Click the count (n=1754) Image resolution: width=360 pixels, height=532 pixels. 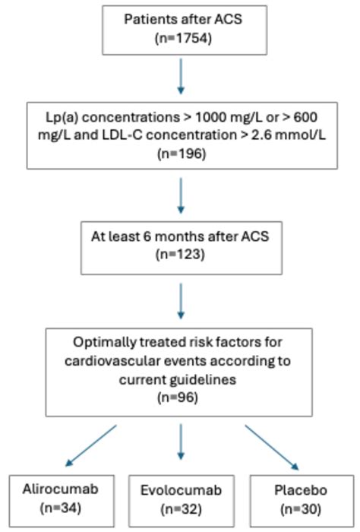[x=181, y=36]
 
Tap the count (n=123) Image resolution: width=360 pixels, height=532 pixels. [x=181, y=255]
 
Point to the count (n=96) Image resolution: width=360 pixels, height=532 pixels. [x=180, y=396]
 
